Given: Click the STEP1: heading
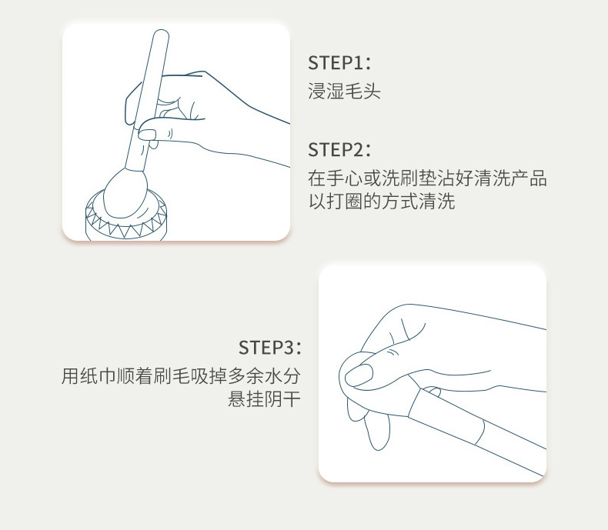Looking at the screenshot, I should pos(339,63).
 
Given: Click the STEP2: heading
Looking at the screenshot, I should pos(339,149).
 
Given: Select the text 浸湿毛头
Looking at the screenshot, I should pos(344,93).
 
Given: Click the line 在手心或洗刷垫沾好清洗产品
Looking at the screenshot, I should pos(427,179).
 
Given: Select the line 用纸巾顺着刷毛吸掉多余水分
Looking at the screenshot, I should pos(181,377).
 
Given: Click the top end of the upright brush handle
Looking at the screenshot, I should pos(159,36).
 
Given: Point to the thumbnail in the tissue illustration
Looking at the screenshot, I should pos(359,375).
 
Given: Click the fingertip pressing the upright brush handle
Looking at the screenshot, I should pos(149,135).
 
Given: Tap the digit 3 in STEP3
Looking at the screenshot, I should pos(289,347).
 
